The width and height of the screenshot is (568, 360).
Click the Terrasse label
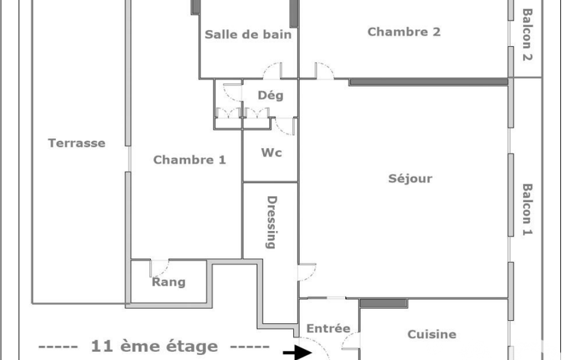click(x=77, y=143)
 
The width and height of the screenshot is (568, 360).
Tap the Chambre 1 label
click(x=190, y=160)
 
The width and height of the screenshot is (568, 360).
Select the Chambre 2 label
click(x=404, y=32)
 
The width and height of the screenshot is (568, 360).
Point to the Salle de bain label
click(x=248, y=34)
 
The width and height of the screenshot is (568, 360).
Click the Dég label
click(x=270, y=96)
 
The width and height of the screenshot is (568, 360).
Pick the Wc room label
click(x=272, y=152)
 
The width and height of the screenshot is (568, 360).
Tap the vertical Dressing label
click(x=272, y=223)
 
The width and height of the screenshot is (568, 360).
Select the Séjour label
click(x=411, y=178)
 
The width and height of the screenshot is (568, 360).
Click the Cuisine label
click(x=432, y=334)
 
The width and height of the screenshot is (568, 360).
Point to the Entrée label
click(x=328, y=328)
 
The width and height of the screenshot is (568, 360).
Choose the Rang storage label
click(x=168, y=282)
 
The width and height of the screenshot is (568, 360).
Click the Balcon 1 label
click(x=527, y=210)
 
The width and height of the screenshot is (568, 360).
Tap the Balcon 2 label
click(x=527, y=35)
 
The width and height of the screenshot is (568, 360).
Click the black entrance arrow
click(x=298, y=352)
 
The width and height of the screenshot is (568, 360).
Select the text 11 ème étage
click(x=154, y=347)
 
